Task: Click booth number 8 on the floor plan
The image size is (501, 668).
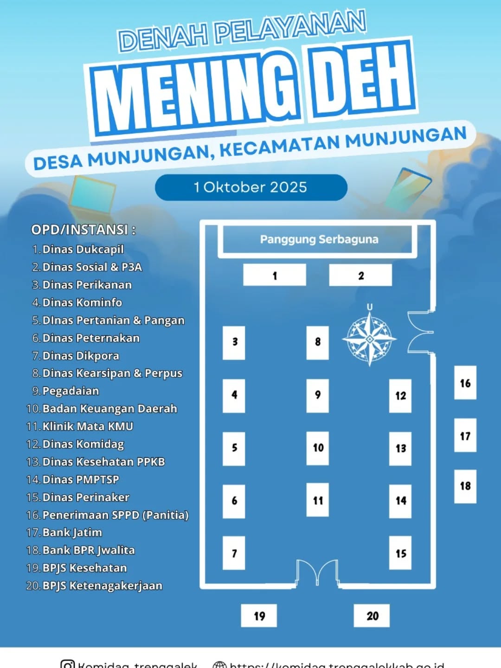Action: click(x=317, y=342)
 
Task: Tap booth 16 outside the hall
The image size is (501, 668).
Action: click(x=465, y=383)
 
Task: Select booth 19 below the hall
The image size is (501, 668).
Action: click(x=259, y=616)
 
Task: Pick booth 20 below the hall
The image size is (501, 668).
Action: click(x=372, y=616)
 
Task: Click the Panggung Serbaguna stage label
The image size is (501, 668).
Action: click(x=319, y=239)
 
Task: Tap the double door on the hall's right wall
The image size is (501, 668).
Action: click(x=420, y=332)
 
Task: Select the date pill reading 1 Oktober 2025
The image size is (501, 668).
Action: click(x=251, y=187)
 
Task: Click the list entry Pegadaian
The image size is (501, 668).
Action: click(x=71, y=391)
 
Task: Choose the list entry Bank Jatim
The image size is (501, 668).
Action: click(x=72, y=533)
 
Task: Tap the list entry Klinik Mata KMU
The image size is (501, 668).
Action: click(x=88, y=426)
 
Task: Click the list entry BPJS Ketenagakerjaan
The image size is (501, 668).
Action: click(x=102, y=585)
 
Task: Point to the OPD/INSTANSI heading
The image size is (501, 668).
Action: click(x=83, y=230)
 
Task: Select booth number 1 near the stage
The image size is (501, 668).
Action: click(x=275, y=275)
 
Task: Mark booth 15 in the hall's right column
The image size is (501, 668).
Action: click(x=400, y=553)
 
